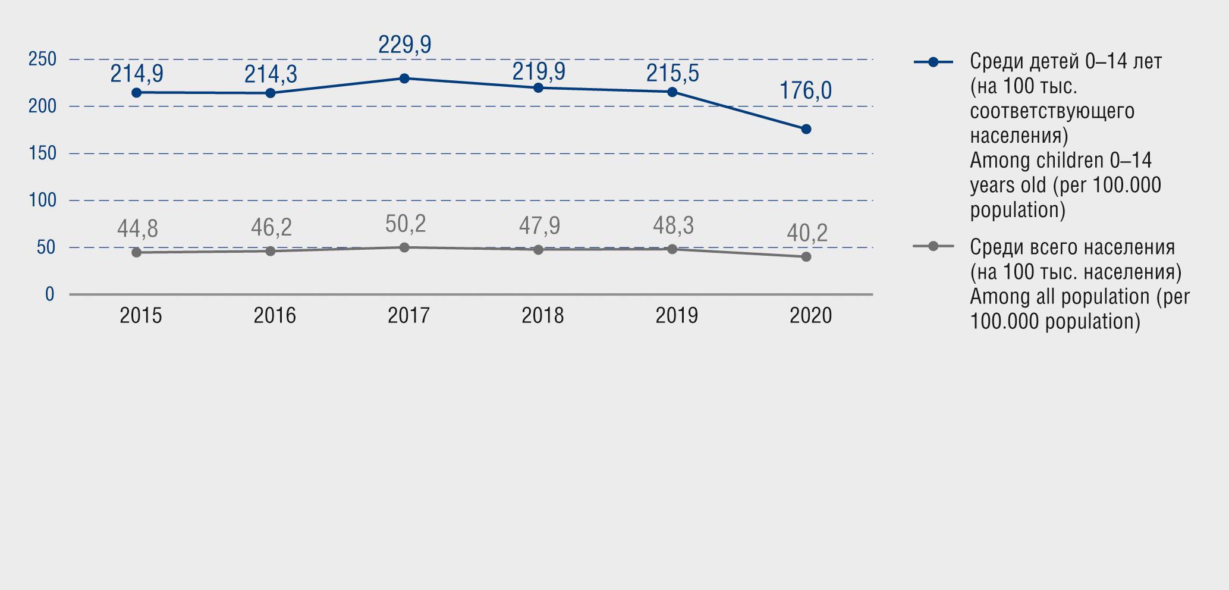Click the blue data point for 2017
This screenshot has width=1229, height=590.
point(404,79)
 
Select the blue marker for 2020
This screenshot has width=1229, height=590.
point(806,129)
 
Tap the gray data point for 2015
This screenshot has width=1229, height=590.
point(136,253)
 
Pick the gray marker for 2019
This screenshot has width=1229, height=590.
point(672,249)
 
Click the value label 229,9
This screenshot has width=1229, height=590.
point(405,45)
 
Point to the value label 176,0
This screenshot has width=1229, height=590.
point(806,91)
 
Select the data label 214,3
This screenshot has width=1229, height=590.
point(271,74)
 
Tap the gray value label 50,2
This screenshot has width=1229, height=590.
point(406,224)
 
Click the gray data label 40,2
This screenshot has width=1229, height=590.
point(807,233)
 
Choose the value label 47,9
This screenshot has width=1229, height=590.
point(539,226)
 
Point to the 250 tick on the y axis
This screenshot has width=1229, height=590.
point(42,59)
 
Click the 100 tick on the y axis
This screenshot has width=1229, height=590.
point(42,200)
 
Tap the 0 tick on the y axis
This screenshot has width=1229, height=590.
point(50,294)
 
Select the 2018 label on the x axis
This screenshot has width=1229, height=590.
point(542,316)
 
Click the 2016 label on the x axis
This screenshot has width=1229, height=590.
point(275,316)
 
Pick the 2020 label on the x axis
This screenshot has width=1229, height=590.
point(810,316)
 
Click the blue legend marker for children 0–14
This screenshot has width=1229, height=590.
point(933,62)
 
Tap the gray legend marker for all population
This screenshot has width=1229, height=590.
point(933,246)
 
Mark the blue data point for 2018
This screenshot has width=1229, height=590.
point(538,88)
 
